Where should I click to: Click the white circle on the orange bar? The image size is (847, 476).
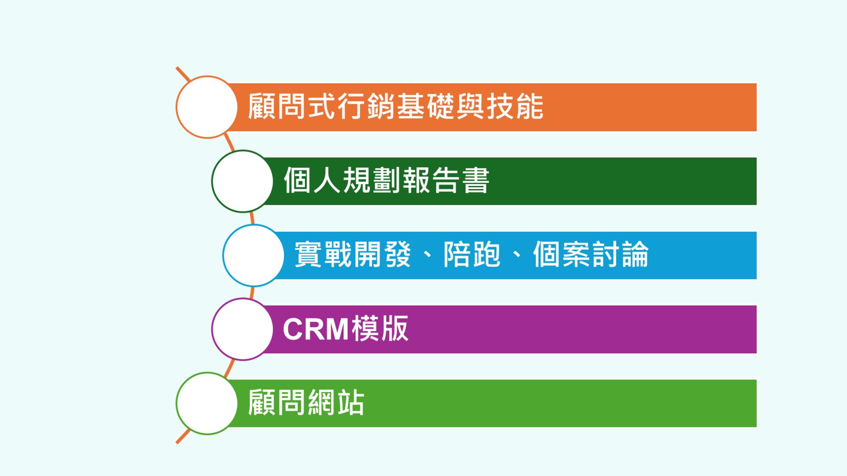click(x=207, y=107)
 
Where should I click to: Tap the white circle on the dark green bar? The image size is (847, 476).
click(x=242, y=181)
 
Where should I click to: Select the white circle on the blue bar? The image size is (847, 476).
click(x=253, y=255)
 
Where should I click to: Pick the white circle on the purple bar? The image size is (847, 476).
click(x=242, y=329)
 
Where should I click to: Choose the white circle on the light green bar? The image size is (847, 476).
click(x=207, y=403)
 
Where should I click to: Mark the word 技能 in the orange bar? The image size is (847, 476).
click(x=515, y=106)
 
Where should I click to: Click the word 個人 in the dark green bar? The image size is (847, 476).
click(x=312, y=180)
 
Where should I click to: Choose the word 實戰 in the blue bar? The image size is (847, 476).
click(x=323, y=254)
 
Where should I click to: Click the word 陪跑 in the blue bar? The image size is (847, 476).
click(x=472, y=254)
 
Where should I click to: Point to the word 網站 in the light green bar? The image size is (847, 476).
click(x=336, y=402)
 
